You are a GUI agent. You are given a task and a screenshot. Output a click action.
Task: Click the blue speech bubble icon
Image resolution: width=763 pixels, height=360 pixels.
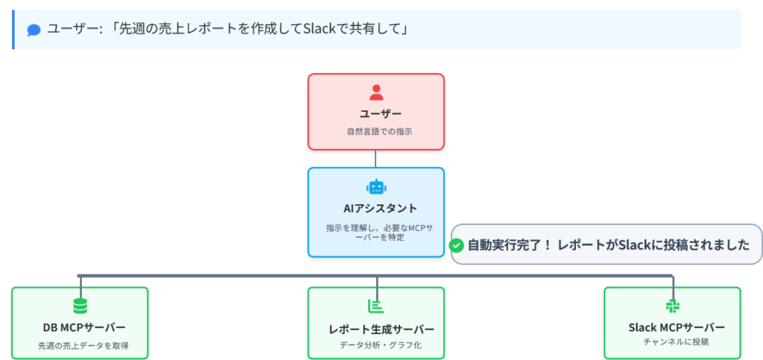tap(34, 30)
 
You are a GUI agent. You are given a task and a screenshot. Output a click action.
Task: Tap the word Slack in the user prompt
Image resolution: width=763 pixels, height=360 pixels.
tap(325, 29)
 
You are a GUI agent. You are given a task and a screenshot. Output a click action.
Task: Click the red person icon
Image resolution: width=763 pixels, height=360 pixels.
tap(376, 92)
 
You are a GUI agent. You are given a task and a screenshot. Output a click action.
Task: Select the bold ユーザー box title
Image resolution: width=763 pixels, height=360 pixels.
tap(376, 114)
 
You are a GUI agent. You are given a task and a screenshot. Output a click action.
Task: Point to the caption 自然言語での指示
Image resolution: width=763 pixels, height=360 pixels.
tap(376, 131)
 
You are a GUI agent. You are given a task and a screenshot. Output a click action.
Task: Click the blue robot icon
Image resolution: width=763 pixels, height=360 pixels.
tap(376, 187)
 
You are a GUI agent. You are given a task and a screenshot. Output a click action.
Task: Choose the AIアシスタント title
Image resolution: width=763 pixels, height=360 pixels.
tap(376, 208)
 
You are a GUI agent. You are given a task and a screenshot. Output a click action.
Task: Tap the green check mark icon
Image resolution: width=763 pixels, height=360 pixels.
tap(458, 245)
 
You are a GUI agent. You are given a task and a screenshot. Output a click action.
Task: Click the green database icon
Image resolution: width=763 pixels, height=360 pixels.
tap(80, 306)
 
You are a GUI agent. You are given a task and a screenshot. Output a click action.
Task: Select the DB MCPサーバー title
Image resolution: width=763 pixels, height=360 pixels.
tap(80, 327)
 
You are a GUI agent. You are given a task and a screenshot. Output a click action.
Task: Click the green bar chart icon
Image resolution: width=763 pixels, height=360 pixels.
tap(376, 306)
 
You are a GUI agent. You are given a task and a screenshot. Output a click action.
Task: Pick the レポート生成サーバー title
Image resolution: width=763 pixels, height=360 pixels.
tap(376, 329)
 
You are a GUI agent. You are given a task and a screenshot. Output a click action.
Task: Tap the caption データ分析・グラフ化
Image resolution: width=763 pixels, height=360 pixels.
tap(376, 346)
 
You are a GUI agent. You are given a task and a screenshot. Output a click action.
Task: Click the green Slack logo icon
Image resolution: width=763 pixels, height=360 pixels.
tap(672, 306)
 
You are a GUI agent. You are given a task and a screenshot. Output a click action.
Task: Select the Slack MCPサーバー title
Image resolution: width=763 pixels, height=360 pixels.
tap(672, 327)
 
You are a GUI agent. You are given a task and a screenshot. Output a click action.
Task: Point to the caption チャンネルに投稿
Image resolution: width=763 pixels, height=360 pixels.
tap(672, 342)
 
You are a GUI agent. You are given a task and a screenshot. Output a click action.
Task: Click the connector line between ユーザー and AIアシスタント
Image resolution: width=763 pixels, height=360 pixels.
tap(376, 158)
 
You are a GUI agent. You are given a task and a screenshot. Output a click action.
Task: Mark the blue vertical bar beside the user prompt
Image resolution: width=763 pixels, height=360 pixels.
tap(13, 30)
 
